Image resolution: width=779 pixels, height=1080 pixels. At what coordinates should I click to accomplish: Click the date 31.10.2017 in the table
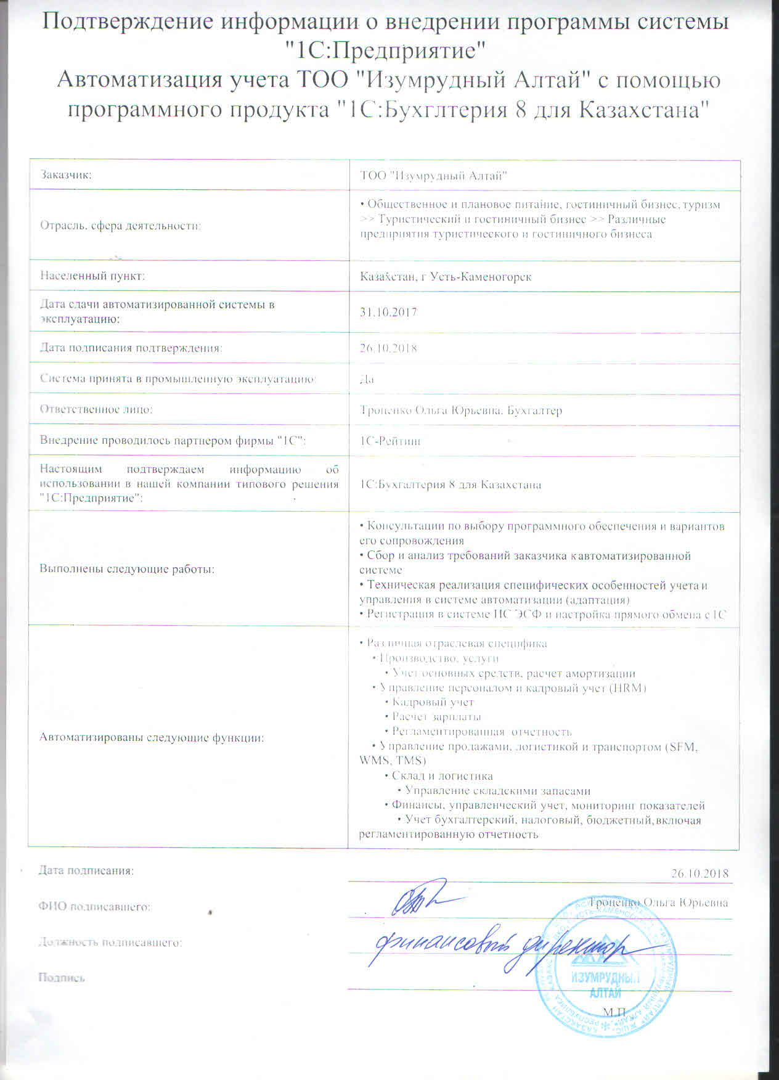[388, 312]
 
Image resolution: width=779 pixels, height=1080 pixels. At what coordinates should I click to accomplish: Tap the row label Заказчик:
[66, 175]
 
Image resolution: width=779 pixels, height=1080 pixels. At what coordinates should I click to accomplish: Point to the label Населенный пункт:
[92, 276]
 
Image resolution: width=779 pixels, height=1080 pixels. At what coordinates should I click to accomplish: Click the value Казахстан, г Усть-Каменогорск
[446, 277]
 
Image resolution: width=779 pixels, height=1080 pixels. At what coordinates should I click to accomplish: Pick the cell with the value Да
[367, 378]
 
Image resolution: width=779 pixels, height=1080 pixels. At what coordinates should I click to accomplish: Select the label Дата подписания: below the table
[86, 870]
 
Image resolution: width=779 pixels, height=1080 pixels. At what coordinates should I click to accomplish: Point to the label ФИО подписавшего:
[95, 907]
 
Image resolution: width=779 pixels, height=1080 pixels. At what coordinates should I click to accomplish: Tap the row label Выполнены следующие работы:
[127, 569]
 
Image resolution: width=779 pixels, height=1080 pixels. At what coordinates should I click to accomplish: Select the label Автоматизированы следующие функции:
[152, 737]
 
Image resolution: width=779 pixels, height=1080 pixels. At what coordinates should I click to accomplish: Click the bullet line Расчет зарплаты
[436, 717]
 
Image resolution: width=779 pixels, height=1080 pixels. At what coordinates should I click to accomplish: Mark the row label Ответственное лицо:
[96, 409]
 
